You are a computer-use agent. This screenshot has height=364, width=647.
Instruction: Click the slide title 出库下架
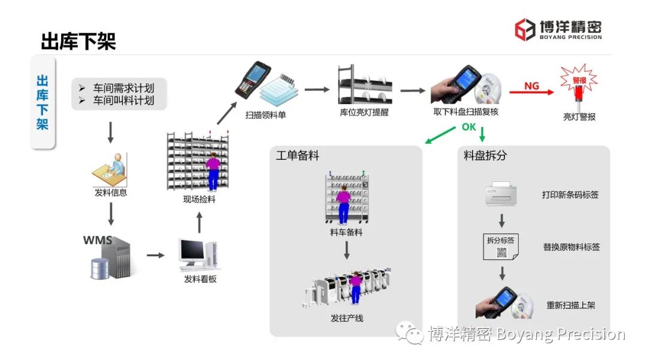click(78, 42)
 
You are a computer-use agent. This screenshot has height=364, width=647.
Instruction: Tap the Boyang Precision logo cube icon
click(525, 29)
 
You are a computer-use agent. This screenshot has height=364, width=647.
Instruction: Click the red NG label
click(531, 86)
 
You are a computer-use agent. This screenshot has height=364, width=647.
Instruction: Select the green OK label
click(468, 127)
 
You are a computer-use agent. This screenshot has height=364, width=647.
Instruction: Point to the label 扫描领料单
click(265, 114)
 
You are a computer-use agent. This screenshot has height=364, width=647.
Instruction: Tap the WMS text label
click(98, 241)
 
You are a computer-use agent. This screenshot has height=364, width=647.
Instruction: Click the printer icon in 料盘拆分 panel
click(502, 193)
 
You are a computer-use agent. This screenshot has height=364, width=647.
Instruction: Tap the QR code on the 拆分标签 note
click(501, 253)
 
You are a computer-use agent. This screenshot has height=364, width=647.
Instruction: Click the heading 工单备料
click(298, 156)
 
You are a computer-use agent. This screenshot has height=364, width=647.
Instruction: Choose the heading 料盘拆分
click(485, 156)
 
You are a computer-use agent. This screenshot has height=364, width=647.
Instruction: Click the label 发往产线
click(347, 318)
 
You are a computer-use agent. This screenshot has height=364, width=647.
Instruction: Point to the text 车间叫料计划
click(123, 101)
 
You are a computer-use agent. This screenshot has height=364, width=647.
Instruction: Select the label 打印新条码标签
click(570, 195)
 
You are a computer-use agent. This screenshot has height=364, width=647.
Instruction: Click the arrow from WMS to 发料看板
click(155, 256)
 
